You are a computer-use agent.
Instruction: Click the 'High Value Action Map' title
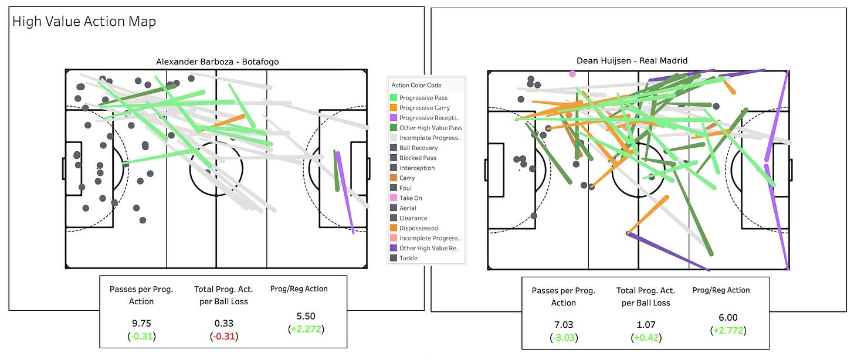[x=84, y=22]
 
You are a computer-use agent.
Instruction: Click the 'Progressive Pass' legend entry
[x=424, y=98]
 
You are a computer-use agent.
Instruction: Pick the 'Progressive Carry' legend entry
[x=424, y=108]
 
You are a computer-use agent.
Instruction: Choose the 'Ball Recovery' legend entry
[x=418, y=148]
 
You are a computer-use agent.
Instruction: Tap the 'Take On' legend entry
[x=411, y=198]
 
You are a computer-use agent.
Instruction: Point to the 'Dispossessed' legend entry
[x=418, y=228]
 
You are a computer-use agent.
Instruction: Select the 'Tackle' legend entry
[x=408, y=258]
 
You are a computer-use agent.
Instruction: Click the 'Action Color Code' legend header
[x=416, y=85]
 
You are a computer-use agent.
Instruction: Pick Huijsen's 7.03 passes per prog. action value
[x=563, y=324]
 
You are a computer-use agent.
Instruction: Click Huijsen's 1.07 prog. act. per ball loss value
[x=646, y=324]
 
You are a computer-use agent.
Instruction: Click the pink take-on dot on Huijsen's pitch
[x=572, y=74]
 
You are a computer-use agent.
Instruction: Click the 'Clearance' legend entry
[x=413, y=218]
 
